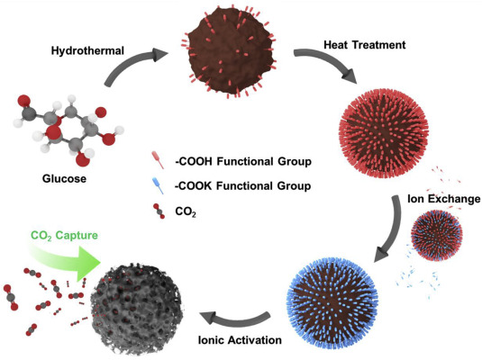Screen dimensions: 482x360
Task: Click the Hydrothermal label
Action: (x=87, y=50)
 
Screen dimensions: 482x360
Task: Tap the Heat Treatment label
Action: (x=365, y=45)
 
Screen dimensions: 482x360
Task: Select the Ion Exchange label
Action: (x=443, y=199)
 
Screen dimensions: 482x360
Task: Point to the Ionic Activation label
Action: (x=240, y=340)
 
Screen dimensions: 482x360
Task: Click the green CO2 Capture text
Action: (x=64, y=236)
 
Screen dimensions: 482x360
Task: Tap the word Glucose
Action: (x=64, y=178)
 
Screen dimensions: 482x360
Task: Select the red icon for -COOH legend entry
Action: (x=158, y=159)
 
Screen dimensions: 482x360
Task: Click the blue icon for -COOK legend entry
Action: (x=158, y=185)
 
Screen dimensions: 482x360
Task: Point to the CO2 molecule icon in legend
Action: (x=159, y=211)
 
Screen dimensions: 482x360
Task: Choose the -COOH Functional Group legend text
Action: (x=243, y=162)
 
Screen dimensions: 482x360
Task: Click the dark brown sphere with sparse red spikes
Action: (x=232, y=51)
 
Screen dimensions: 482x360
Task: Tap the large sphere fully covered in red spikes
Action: (x=384, y=134)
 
